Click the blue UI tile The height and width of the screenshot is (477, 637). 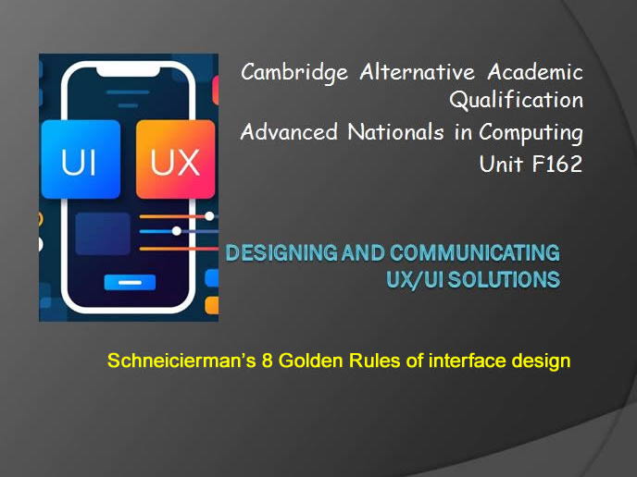pos(81,159)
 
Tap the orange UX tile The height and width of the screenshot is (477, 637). pos(175,161)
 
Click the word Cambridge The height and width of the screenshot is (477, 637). pos(293,72)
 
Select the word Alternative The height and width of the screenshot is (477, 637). pos(420,72)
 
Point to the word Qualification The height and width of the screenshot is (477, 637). pos(516,100)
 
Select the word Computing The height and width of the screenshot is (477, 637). pos(531,133)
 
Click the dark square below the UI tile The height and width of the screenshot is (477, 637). pos(102,233)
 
